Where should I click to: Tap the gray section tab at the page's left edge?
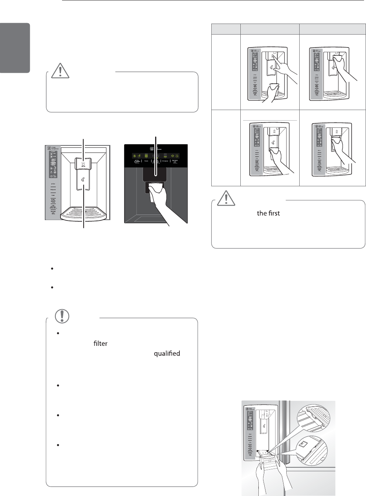(x=15, y=48)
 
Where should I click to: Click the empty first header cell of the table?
(x=226, y=29)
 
